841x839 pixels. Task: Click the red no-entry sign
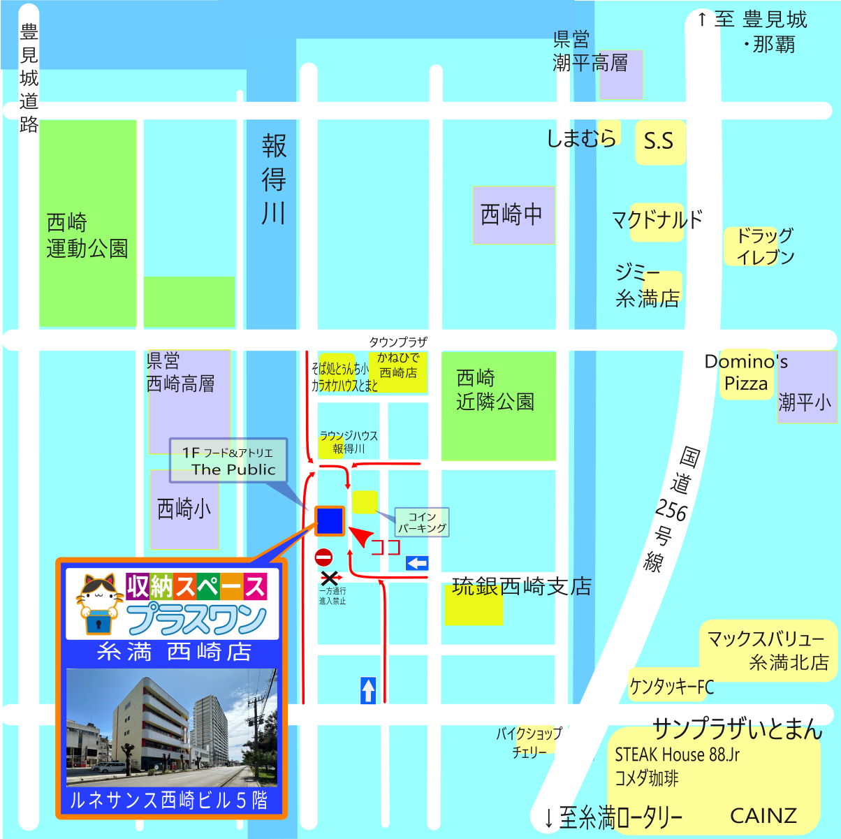click(323, 557)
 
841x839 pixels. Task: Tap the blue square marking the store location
click(330, 520)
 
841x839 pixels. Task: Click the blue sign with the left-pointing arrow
click(417, 563)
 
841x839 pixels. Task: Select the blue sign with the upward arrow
click(368, 690)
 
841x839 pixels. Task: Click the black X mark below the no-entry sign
click(330, 578)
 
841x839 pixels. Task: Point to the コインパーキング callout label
click(422, 523)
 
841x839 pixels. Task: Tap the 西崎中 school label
click(512, 214)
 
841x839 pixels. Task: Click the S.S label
click(659, 141)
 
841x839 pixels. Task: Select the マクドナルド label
click(657, 220)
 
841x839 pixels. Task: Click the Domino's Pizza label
click(746, 372)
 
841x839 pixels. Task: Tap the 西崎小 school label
click(184, 509)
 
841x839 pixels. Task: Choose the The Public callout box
click(228, 461)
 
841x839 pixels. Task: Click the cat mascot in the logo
click(99, 602)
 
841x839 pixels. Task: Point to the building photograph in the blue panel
click(172, 727)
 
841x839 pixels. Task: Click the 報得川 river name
click(274, 180)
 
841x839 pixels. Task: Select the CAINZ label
click(763, 815)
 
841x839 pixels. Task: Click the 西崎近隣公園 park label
click(495, 390)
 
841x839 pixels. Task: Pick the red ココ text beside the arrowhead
click(385, 546)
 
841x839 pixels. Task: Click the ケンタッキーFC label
click(671, 687)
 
